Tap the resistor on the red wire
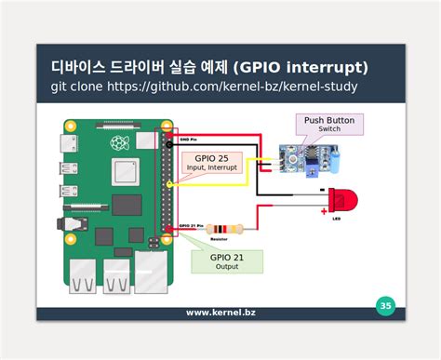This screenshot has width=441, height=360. [x=223, y=228]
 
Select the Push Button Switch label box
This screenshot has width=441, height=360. [x=329, y=124]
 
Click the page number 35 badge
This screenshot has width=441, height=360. [x=385, y=305]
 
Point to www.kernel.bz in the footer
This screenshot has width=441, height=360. [x=220, y=313]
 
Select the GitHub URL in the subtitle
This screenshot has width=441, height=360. [x=232, y=87]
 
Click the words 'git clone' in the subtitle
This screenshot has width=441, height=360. [x=76, y=87]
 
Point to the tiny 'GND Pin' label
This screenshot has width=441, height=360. [x=190, y=140]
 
